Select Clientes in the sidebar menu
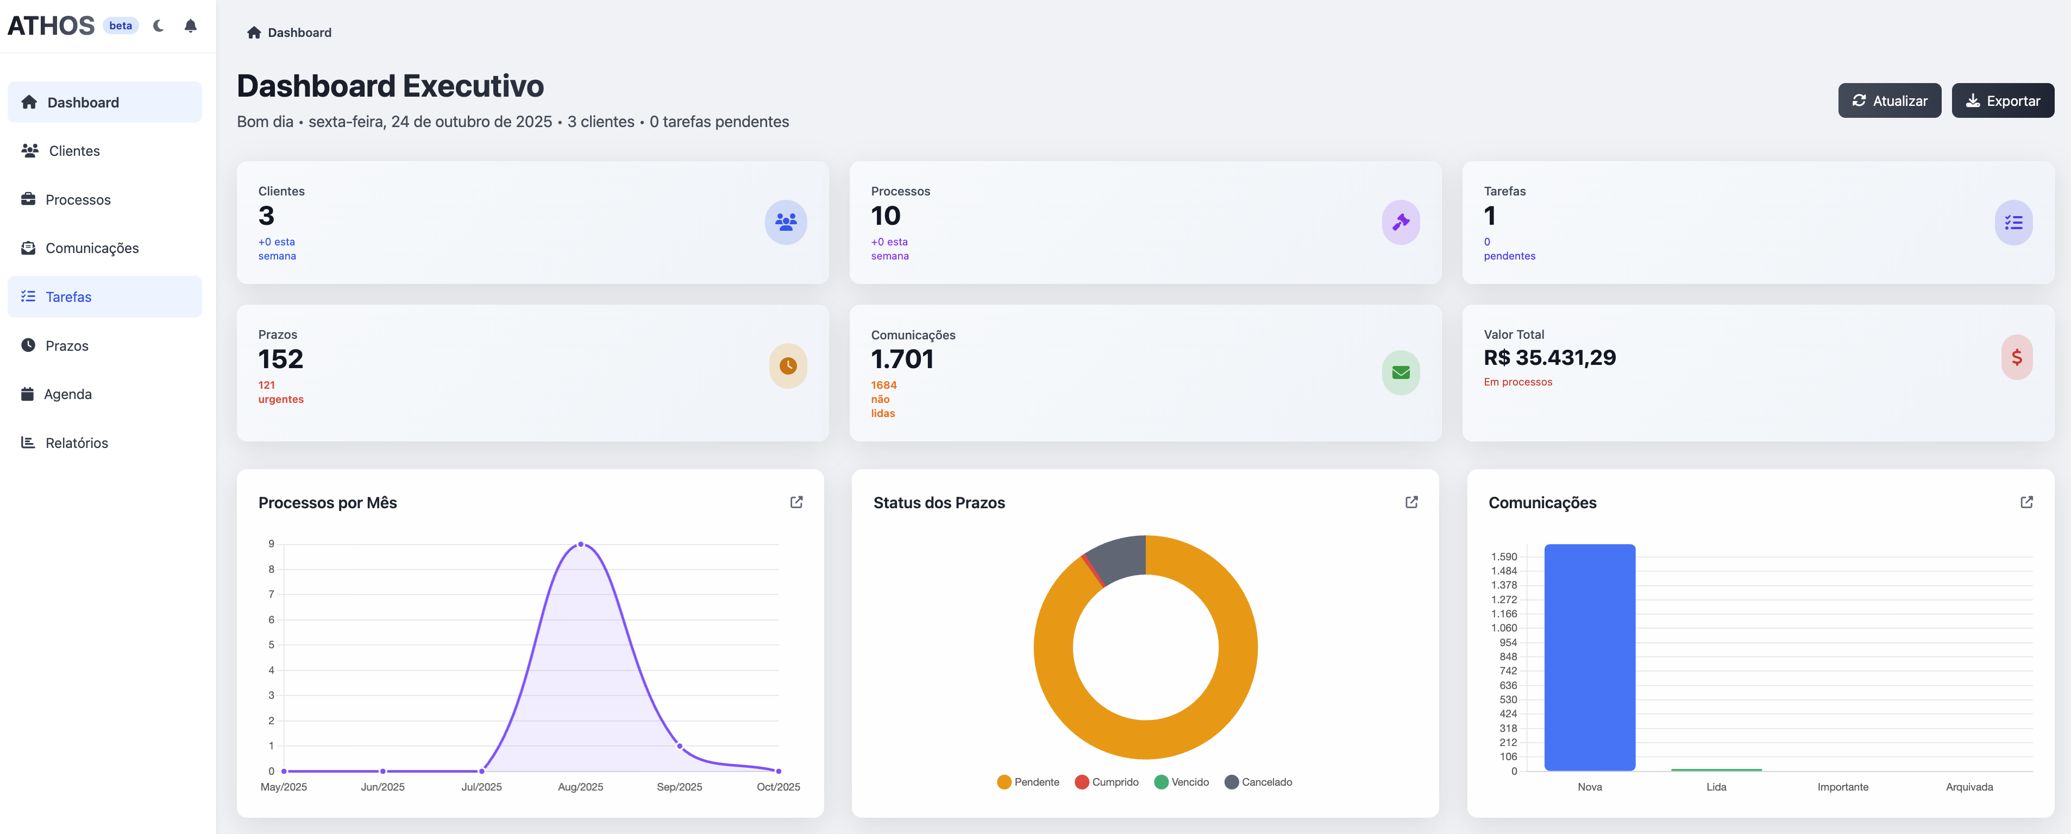tap(73, 151)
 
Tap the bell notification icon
tap(191, 26)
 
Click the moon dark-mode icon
tap(159, 26)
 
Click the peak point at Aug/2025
tap(580, 545)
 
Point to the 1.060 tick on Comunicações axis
tap(1503, 628)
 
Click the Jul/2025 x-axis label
tap(481, 787)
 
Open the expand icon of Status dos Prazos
tap(1411, 502)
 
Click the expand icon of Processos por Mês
tap(796, 502)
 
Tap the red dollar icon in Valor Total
tap(2016, 357)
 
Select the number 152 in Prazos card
tap(280, 359)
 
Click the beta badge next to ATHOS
tap(121, 26)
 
